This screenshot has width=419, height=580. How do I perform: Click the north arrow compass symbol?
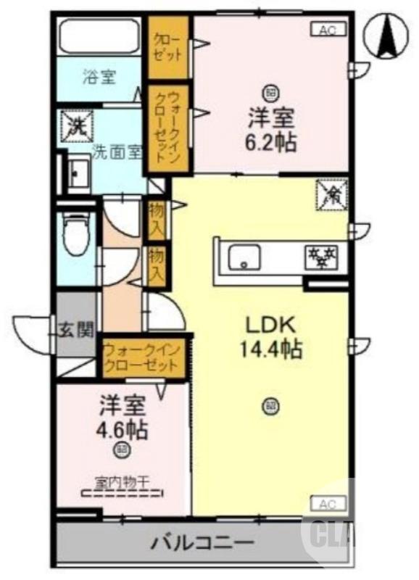point(386,36)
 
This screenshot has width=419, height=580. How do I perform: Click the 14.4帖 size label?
point(271,350)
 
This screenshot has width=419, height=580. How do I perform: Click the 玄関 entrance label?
point(76,331)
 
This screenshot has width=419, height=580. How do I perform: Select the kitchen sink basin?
point(245,256)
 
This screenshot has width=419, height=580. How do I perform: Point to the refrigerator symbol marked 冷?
point(332,194)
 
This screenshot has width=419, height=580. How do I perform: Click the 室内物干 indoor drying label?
point(122,480)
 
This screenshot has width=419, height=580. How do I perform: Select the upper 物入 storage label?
point(156,218)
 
